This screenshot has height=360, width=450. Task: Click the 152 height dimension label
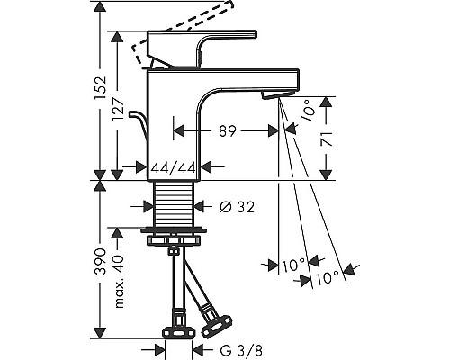pyautogui.click(x=101, y=88)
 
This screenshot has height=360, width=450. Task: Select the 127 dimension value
pyautogui.click(x=118, y=109)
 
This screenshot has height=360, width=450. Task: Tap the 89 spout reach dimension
pyautogui.click(x=228, y=131)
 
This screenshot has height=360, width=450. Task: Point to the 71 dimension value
pyautogui.click(x=327, y=139)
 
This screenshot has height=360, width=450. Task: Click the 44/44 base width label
pyautogui.click(x=173, y=167)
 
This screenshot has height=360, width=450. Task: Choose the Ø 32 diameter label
pyautogui.click(x=237, y=207)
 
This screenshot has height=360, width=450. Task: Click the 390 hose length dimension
pyautogui.click(x=101, y=261)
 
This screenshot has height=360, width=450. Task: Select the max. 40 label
pyautogui.click(x=118, y=282)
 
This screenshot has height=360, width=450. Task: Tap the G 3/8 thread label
pyautogui.click(x=241, y=350)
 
